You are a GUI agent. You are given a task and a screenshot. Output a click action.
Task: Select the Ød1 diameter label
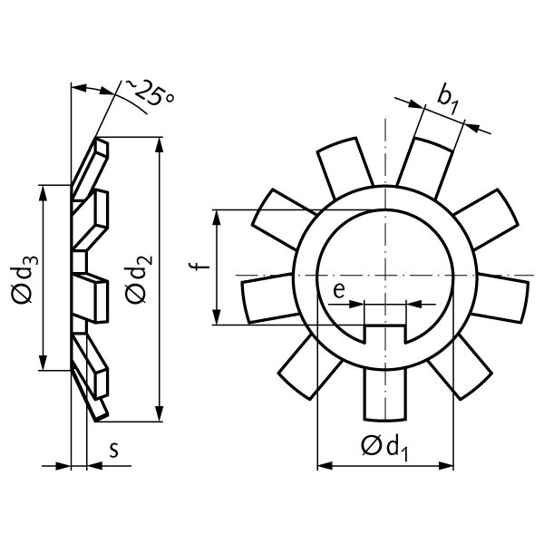click(384, 447)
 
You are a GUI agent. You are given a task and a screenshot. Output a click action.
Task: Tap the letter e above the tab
click(337, 290)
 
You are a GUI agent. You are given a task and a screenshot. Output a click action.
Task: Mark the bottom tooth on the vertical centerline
click(384, 395)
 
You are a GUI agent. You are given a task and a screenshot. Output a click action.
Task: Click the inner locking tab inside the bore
click(384, 332)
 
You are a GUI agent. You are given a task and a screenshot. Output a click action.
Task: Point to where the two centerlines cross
click(384, 275)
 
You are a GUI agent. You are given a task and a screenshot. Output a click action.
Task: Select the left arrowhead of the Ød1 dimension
click(323, 467)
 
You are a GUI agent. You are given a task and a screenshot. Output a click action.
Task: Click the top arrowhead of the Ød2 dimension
click(160, 143)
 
